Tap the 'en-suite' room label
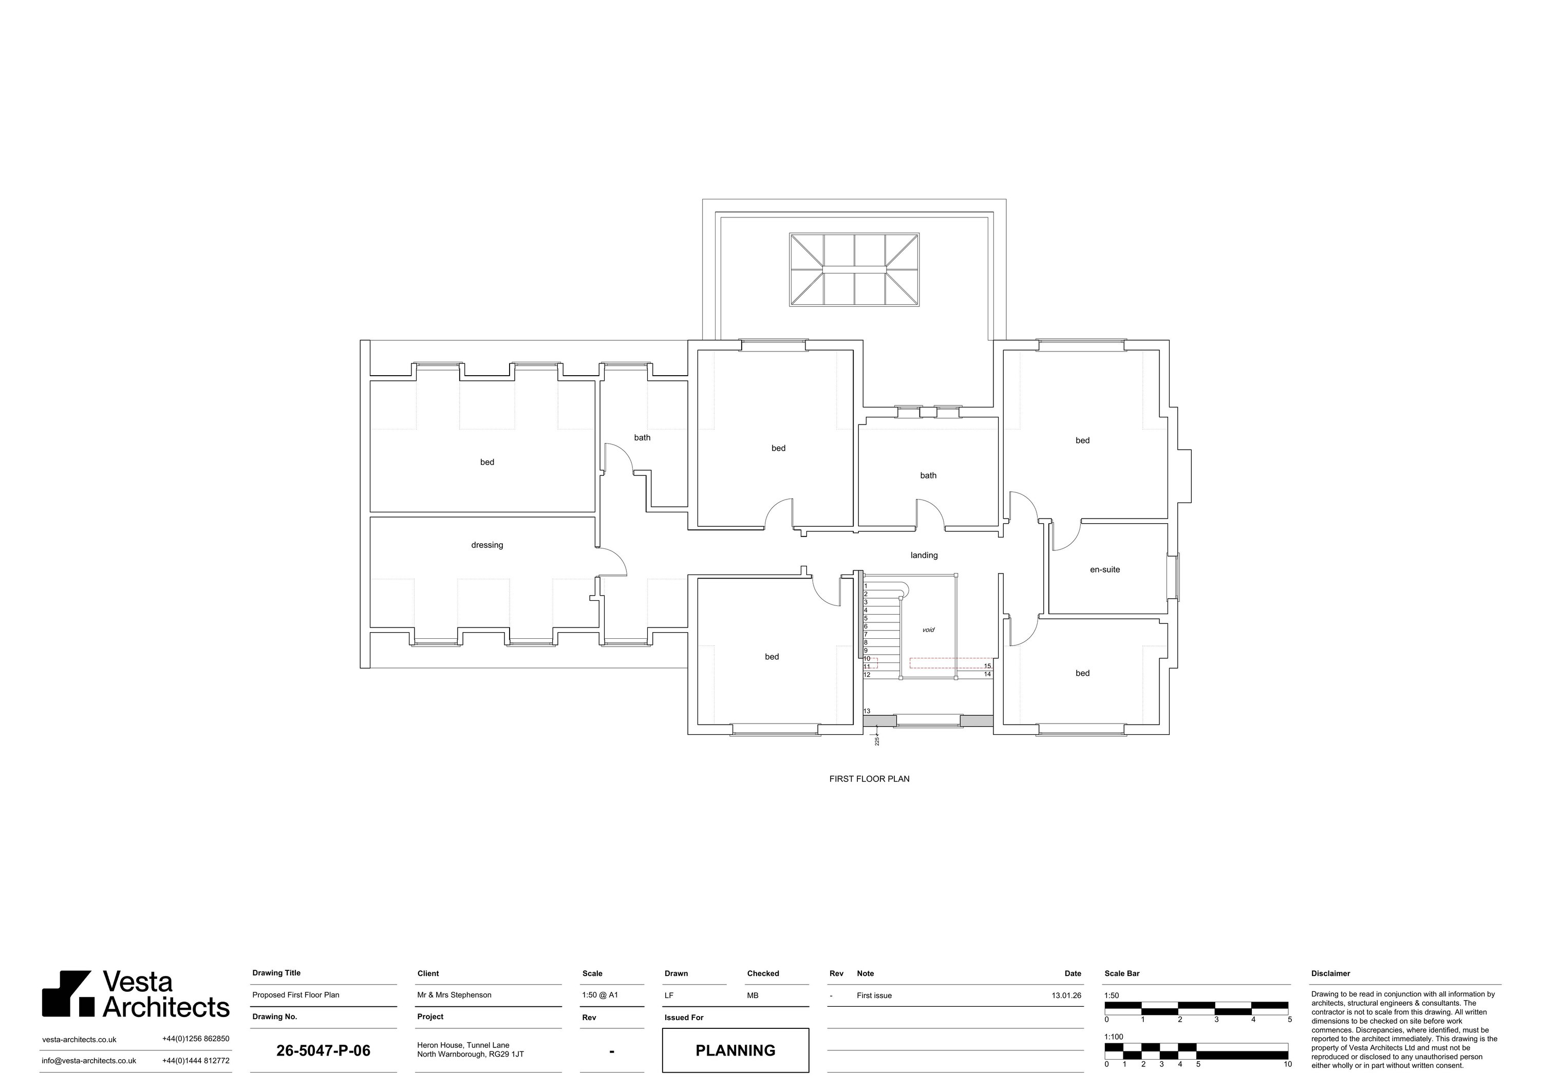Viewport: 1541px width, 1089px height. coord(1105,569)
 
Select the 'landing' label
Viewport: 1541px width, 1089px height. coord(924,555)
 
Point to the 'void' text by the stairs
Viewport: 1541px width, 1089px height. coord(928,630)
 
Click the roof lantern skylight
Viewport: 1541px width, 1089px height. coord(854,270)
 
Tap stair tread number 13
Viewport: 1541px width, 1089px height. coord(867,711)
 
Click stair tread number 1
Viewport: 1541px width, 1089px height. coord(866,586)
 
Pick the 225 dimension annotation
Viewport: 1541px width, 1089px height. coord(876,741)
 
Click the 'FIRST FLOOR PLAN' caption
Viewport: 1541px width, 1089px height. coord(869,779)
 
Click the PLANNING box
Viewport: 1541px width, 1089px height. coord(736,1050)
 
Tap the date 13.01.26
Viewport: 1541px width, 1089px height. coord(1066,995)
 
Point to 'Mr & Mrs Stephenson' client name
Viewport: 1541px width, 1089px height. coord(455,995)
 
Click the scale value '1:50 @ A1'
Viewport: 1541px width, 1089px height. coord(600,995)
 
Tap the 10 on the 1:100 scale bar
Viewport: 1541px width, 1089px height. coord(1287,1064)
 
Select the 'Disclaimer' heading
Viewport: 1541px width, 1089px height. coord(1330,973)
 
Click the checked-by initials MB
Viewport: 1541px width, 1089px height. coord(753,995)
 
